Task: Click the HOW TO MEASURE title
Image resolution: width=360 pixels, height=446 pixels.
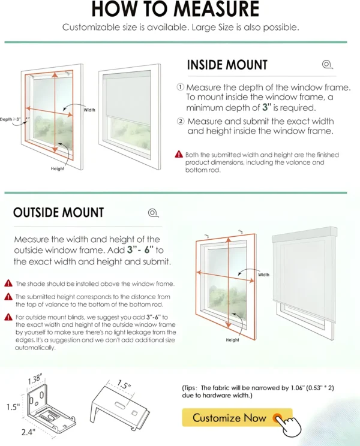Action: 176,10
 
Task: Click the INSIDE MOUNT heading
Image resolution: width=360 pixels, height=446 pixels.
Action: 227,65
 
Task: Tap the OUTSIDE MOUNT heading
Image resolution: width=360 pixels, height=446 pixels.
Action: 58,212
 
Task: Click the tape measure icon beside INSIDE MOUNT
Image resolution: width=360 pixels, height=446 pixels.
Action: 326,65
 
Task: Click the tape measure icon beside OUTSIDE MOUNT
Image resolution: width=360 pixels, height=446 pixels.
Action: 153,212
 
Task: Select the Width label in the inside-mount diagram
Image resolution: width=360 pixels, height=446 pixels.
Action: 89,110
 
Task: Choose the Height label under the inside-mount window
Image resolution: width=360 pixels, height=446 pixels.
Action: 58,168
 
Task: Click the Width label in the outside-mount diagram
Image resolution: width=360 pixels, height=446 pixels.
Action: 264,275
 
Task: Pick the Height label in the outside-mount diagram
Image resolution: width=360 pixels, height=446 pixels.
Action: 233,340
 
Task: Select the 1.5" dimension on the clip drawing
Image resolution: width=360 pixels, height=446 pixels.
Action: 124,385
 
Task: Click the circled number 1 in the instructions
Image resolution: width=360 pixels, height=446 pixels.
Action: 180,87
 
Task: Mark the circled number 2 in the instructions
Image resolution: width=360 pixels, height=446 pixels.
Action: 180,120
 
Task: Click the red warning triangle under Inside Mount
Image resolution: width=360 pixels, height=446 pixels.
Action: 179,154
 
